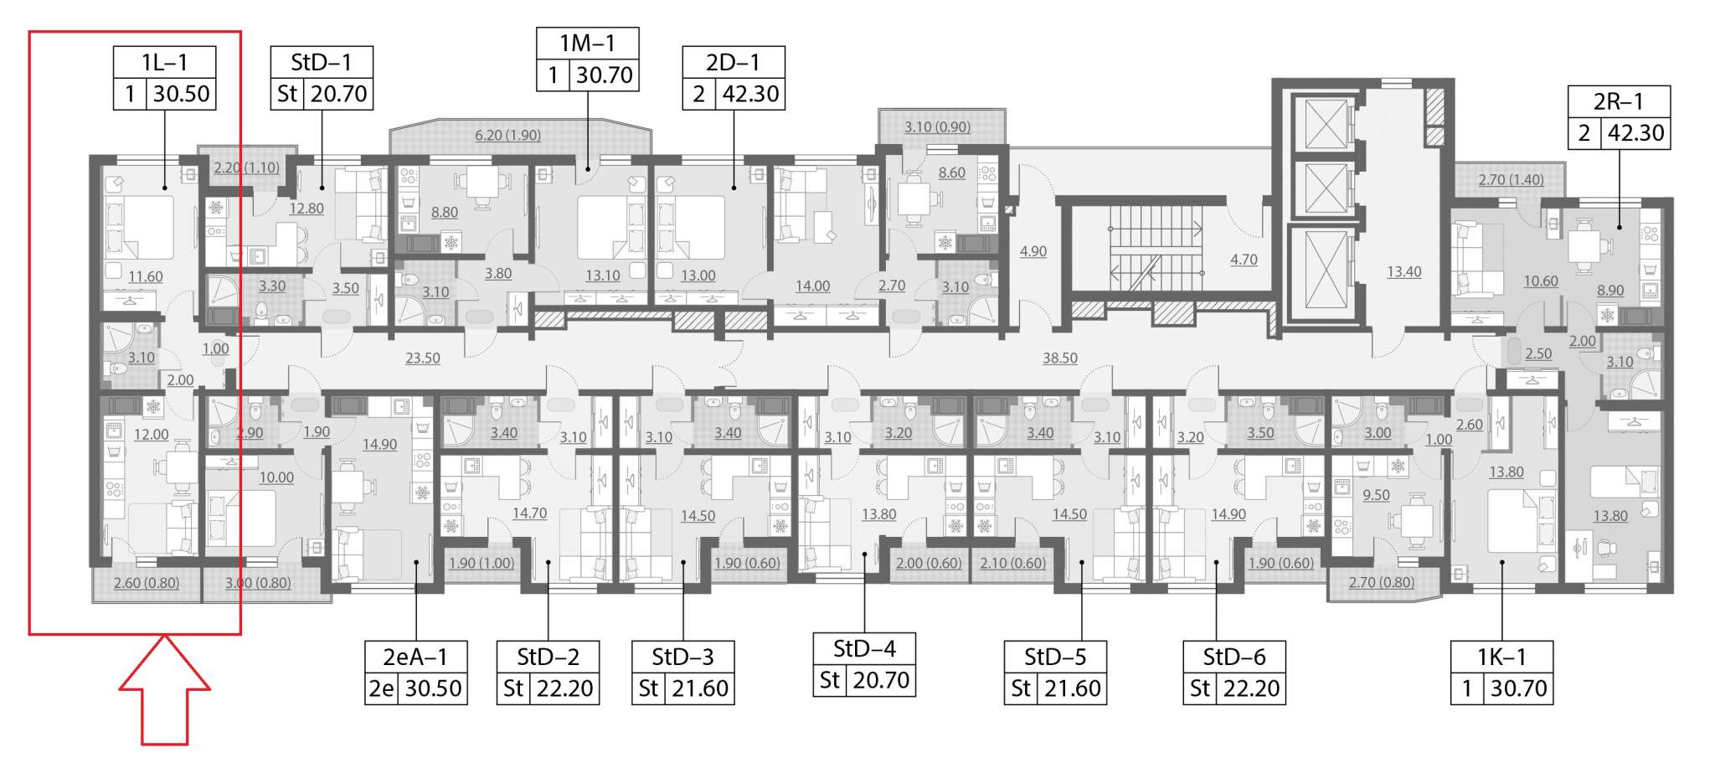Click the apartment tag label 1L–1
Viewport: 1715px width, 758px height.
[x=164, y=62]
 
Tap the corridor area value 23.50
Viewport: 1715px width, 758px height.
[x=423, y=358]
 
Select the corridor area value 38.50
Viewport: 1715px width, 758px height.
[x=1059, y=358]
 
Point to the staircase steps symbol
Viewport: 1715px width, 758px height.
[x=1155, y=250]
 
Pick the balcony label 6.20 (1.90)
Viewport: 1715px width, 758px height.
[x=507, y=135]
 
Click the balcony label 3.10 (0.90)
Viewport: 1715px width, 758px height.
[x=937, y=127]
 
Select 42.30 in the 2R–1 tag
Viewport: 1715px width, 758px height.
[x=1635, y=133]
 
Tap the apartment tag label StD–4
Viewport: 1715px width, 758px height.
[x=864, y=648]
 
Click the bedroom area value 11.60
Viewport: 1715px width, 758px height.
[x=146, y=276]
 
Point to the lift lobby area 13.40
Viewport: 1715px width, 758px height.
[x=1403, y=271]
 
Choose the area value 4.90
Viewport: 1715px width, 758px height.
[x=1033, y=251]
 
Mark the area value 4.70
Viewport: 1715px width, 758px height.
[x=1244, y=260]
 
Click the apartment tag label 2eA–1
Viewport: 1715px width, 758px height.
[x=415, y=657]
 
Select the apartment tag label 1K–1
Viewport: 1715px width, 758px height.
[x=1501, y=657]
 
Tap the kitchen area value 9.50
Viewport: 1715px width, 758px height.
[x=1376, y=495]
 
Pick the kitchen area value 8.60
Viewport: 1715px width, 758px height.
[x=951, y=173]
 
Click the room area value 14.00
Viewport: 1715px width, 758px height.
[x=812, y=286]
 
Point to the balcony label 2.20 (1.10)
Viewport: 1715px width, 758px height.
[x=246, y=168]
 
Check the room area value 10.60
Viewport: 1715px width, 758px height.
[x=1541, y=281]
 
